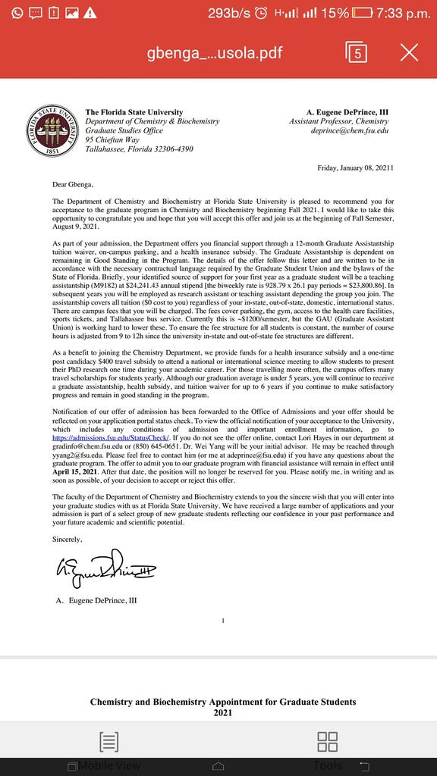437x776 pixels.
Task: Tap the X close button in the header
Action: [x=409, y=52]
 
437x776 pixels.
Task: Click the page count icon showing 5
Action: [x=357, y=52]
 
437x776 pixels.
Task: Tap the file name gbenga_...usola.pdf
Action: [x=215, y=53]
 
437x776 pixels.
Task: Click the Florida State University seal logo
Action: [x=52, y=130]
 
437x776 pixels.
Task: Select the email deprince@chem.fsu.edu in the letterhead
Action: [x=349, y=130]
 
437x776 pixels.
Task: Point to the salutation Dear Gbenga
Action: [x=74, y=183]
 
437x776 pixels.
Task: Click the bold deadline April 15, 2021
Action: [x=74, y=473]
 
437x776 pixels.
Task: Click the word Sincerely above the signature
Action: [x=67, y=539]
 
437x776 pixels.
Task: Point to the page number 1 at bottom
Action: [x=222, y=621]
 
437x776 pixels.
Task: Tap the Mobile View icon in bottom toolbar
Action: [x=108, y=743]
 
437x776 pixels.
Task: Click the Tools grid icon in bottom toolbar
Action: [x=328, y=743]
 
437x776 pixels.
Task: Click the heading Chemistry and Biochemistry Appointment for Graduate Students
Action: [x=223, y=702]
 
